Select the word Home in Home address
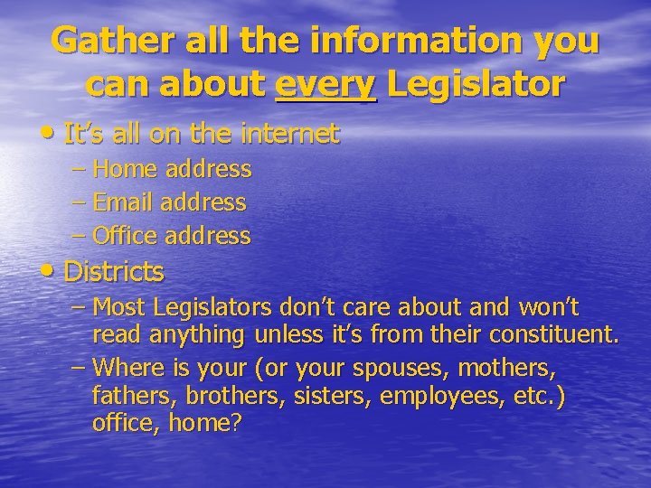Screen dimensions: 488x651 click(x=123, y=169)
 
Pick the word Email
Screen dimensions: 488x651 click(x=124, y=202)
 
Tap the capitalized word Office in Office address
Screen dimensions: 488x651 click(x=125, y=236)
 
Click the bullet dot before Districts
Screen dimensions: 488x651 click(x=51, y=271)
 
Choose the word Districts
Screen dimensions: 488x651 click(x=114, y=270)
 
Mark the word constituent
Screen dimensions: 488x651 click(x=553, y=335)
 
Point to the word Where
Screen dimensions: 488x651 click(x=127, y=368)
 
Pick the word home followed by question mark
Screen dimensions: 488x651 click(x=210, y=423)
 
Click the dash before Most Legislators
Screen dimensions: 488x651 click(x=79, y=307)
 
